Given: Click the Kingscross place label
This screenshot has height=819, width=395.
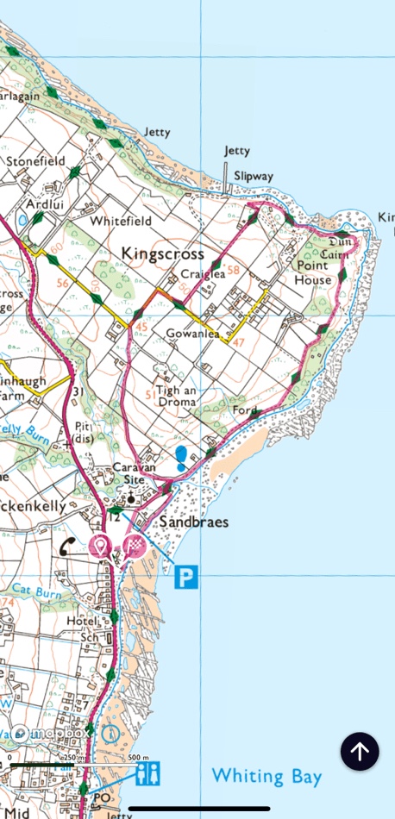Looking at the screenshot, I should (163, 253).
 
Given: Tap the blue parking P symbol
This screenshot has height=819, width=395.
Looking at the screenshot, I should (186, 577).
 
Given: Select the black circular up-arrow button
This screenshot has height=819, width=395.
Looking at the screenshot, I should (360, 751).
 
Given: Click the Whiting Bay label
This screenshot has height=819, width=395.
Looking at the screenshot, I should (266, 776).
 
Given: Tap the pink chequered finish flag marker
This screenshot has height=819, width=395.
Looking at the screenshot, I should (134, 545).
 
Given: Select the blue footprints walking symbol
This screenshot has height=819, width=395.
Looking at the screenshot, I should (182, 458).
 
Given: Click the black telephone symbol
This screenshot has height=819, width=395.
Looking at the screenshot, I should (67, 546).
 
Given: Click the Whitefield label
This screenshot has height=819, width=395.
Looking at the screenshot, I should (121, 222).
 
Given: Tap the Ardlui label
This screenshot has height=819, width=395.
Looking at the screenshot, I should (46, 205).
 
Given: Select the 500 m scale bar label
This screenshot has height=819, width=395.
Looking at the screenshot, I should (127, 758).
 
